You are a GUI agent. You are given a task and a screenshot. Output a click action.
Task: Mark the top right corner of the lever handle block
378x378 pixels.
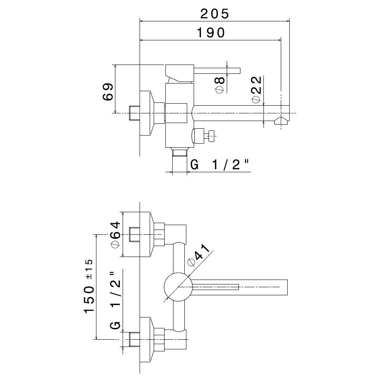[x=194, y=65]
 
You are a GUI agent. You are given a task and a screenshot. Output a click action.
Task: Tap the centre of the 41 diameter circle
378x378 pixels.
[x=178, y=287]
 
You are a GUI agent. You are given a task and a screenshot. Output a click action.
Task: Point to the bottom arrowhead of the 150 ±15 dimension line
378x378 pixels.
[x=96, y=337]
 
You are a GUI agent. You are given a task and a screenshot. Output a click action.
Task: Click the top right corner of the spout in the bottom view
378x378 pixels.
[x=287, y=280]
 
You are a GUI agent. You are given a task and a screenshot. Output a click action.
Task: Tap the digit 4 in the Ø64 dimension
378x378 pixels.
[x=115, y=226]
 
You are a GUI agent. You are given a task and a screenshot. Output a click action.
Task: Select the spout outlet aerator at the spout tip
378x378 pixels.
[x=281, y=121]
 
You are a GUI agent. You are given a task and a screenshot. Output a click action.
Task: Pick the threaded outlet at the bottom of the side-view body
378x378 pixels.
[x=180, y=152]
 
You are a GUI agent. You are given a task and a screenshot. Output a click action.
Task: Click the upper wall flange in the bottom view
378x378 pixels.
[x=146, y=234]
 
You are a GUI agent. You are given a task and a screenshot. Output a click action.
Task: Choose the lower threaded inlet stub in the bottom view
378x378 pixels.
[x=134, y=339]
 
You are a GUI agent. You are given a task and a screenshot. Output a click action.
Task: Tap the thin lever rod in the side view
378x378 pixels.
[x=217, y=71]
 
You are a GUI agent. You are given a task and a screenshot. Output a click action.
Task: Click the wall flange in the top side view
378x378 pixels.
[x=146, y=113]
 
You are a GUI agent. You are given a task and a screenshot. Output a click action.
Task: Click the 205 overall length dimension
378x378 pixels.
[x=215, y=14]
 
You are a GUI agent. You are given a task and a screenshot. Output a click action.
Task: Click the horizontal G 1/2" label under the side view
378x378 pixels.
[x=219, y=165]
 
